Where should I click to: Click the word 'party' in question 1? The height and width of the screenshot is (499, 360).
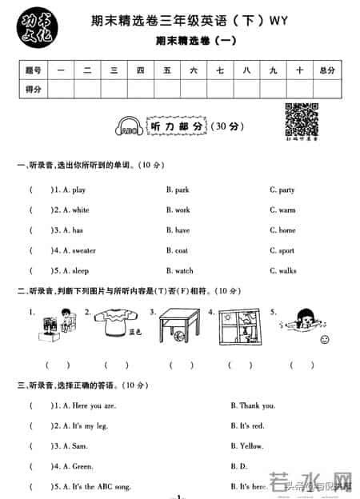click(x=286, y=190)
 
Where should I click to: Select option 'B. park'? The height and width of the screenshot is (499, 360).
click(x=178, y=190)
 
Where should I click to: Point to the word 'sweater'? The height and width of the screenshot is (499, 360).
click(x=83, y=251)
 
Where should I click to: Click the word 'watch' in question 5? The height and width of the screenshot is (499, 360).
click(x=184, y=271)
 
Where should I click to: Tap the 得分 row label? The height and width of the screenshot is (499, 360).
click(x=34, y=89)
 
